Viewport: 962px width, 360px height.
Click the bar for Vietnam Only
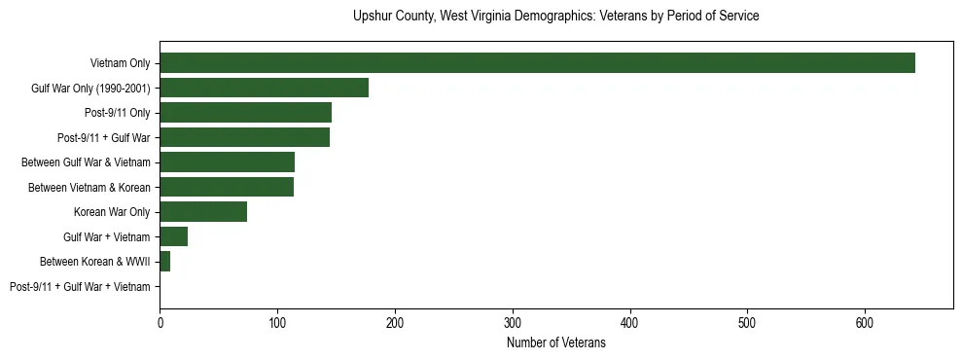pos(537,63)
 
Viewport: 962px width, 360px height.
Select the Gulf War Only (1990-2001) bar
pos(264,88)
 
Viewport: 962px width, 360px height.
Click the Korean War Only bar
pos(203,212)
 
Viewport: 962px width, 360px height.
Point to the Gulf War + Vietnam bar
pos(173,236)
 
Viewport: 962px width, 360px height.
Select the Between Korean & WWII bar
pos(164,262)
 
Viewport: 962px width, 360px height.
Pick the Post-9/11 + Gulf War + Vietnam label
pos(80,287)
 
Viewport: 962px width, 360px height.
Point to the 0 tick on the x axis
pos(160,320)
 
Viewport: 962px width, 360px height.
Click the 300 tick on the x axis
pos(513,320)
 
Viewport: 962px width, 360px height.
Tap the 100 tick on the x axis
pos(277,320)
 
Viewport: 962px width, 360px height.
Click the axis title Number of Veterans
pos(555,342)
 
